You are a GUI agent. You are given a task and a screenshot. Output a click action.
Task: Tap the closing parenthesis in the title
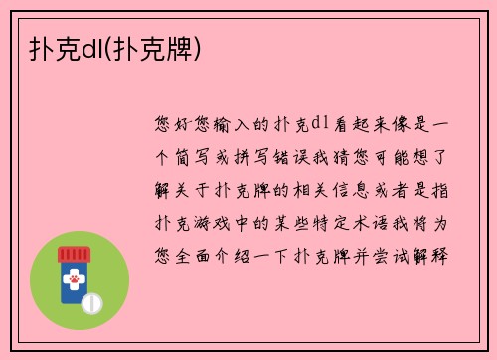pos(199,46)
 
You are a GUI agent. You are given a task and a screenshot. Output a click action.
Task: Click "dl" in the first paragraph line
pos(318,124)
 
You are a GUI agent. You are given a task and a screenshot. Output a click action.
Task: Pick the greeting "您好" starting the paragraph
pos(177,124)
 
